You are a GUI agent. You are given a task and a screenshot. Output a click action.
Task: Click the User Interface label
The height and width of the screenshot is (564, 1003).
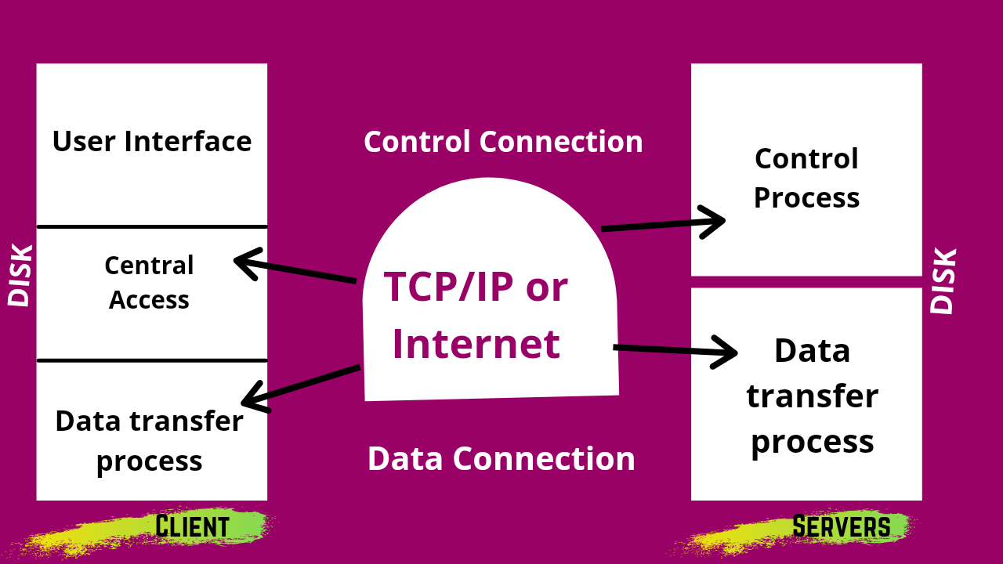click(x=151, y=142)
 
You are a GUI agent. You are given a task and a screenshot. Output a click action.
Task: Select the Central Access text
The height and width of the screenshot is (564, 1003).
click(x=149, y=283)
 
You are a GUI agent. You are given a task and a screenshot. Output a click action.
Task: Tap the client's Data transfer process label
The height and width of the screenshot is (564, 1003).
click(x=149, y=440)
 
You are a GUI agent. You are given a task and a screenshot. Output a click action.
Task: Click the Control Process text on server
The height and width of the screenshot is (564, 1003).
click(x=806, y=178)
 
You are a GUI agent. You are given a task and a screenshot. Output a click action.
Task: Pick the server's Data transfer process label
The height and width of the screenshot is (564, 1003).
click(x=812, y=396)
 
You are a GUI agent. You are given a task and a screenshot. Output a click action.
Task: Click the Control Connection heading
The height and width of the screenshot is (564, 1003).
click(x=503, y=142)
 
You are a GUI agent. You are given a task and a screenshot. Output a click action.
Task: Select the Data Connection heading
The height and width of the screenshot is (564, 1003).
click(x=501, y=459)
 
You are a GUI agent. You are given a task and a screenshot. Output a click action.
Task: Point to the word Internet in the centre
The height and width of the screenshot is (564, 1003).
click(x=476, y=344)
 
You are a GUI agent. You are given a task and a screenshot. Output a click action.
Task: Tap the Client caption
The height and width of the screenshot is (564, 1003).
click(x=192, y=526)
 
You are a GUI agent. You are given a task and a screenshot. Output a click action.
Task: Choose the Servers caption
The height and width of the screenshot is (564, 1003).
click(x=841, y=526)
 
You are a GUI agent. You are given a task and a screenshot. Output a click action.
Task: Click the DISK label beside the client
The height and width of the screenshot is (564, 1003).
click(x=20, y=276)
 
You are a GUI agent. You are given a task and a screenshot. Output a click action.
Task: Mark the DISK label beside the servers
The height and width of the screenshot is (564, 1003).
click(x=943, y=281)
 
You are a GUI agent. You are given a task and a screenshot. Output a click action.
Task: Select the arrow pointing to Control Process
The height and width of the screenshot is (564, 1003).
click(x=663, y=224)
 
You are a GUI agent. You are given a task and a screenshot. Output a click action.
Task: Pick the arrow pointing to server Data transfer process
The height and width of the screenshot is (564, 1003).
click(x=674, y=351)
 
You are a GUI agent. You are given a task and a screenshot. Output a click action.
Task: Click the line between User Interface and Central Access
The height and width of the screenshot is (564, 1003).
click(x=151, y=227)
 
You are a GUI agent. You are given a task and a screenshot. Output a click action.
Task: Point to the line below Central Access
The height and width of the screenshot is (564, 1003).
click(x=151, y=360)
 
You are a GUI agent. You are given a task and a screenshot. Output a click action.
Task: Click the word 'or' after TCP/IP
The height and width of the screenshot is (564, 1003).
click(x=546, y=287)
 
